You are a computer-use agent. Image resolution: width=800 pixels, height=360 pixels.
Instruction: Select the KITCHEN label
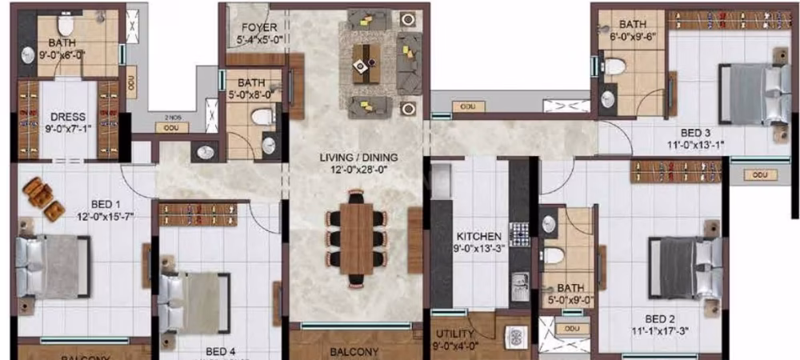[x=478, y=237]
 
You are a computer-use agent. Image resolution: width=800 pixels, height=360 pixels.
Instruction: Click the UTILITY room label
[x=455, y=334]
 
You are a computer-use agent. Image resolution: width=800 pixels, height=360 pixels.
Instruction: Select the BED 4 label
[x=219, y=350]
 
